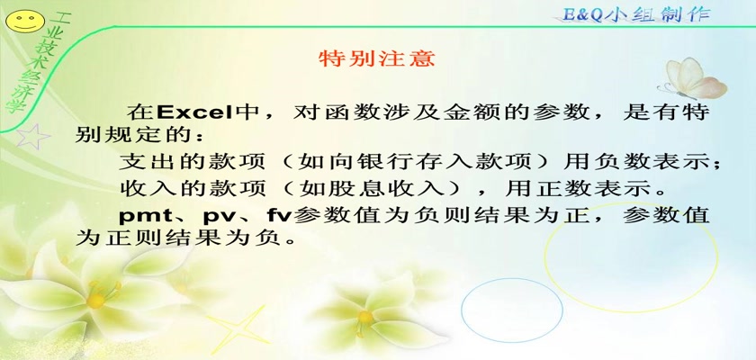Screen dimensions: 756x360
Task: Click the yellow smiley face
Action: click(x=24, y=22)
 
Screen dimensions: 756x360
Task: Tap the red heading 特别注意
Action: click(x=377, y=58)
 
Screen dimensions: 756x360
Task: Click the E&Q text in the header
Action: click(x=582, y=14)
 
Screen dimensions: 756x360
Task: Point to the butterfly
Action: click(x=692, y=79)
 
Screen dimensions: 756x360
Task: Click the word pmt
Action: click(x=146, y=215)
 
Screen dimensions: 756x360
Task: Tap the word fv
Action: click(x=279, y=214)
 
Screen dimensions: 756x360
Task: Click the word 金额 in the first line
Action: click(x=472, y=112)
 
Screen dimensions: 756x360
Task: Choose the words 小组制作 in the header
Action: click(x=657, y=14)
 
